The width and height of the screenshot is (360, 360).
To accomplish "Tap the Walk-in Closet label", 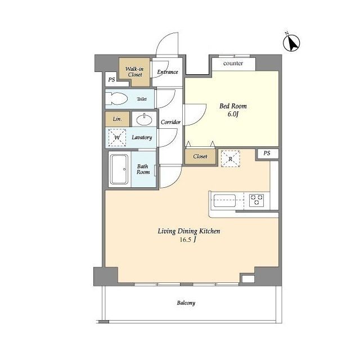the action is pos(134,71).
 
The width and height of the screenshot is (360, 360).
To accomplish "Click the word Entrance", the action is pos(168,72).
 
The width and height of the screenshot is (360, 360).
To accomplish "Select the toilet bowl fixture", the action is pos(116,99).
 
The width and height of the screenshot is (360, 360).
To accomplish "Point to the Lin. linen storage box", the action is pos(118,119).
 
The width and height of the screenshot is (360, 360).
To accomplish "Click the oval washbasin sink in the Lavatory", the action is pos(144,119).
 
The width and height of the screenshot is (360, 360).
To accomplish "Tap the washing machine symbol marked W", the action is pos(117,137).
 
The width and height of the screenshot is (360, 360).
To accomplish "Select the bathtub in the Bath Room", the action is pos(119,169).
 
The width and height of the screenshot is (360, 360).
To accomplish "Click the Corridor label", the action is pos(170,122).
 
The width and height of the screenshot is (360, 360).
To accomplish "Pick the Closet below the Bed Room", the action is pos(200,156).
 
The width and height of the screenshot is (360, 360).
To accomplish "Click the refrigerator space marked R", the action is pos(230,159).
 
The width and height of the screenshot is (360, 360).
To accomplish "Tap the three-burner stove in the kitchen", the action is pos(256,200).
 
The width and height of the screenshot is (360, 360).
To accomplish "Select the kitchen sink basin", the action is pos(224,201).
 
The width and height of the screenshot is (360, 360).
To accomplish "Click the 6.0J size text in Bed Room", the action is pos(233,114).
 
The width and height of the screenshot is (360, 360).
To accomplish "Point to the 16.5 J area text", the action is pos(188,240).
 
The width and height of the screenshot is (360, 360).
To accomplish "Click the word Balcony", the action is pos(186,303).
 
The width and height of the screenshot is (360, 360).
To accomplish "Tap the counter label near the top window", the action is pos(233,64).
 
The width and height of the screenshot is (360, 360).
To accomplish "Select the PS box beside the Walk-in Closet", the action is pos(111,79).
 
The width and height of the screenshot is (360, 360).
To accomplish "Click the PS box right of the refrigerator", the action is pos(267,153).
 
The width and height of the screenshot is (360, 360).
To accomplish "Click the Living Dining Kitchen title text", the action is pos(189,231).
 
